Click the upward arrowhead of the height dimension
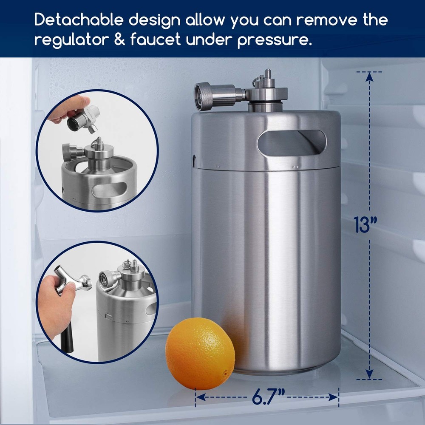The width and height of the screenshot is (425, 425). click(369, 77)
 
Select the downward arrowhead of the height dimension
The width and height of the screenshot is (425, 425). click(369, 374)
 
